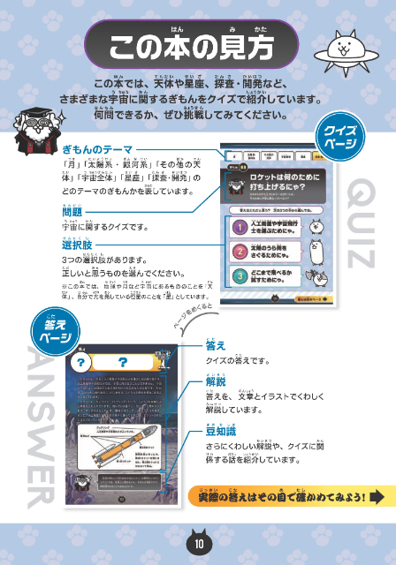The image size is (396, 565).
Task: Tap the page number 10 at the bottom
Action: point(199,541)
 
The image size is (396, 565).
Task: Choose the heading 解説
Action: point(217,384)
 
